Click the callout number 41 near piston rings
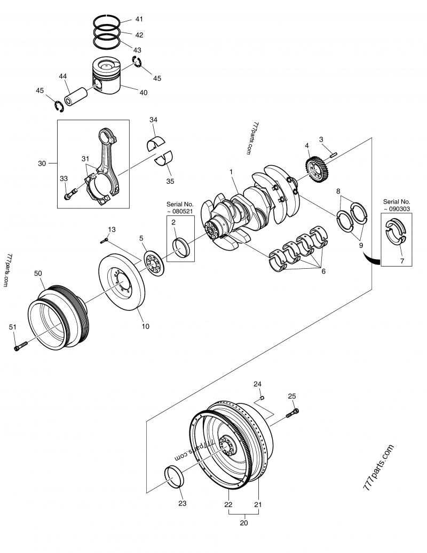[x=139, y=19]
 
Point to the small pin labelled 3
[x=334, y=154]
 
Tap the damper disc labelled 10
[x=122, y=284]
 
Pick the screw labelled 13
[x=104, y=240]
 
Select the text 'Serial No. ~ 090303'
[x=396, y=205]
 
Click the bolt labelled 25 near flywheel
[x=292, y=412]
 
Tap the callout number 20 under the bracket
[x=244, y=523]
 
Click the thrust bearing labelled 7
[x=396, y=238]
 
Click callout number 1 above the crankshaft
[x=231, y=172]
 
